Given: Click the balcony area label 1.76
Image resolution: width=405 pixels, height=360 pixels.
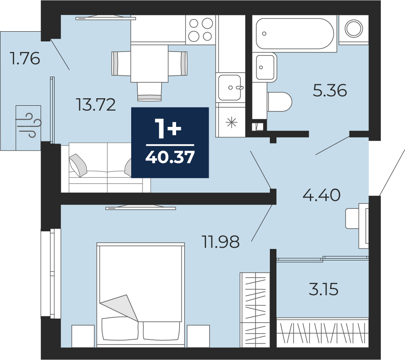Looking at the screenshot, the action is pos(25,58).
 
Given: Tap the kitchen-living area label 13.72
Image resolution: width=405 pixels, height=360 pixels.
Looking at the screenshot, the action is pos(96,105).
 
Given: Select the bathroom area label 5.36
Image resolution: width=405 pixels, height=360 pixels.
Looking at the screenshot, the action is pos(330,90).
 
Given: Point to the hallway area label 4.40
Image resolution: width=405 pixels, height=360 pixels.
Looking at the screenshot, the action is pos(321,195).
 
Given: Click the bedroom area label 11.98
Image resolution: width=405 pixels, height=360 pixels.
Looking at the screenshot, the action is pos(221,242).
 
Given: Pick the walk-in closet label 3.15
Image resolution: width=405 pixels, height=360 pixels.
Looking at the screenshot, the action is pos(324,289).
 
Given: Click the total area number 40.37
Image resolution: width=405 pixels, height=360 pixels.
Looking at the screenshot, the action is pos(170,157).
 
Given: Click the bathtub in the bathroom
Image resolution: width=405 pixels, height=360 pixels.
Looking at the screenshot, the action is pos(295,33).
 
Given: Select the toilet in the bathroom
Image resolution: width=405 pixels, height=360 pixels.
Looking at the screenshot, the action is pos(280,102).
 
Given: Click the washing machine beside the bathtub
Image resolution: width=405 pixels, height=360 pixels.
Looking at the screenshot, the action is pos(353,28).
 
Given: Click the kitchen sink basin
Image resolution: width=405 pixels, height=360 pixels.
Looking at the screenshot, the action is pos(230,87).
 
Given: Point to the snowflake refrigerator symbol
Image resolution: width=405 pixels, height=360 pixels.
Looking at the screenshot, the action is pos(232,122).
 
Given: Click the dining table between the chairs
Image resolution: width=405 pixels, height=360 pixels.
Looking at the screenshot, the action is pos(150,63).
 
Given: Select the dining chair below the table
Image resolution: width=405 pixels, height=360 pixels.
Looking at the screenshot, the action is pos(149,91).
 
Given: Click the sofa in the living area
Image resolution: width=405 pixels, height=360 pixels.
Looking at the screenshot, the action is pos(106,167).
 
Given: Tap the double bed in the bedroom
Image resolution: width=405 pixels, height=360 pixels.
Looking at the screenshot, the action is pos(141,295).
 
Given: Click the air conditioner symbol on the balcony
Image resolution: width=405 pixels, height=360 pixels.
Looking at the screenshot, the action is pos(29,127).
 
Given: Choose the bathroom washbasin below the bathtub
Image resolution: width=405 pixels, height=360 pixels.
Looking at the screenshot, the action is pos(265,67).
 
